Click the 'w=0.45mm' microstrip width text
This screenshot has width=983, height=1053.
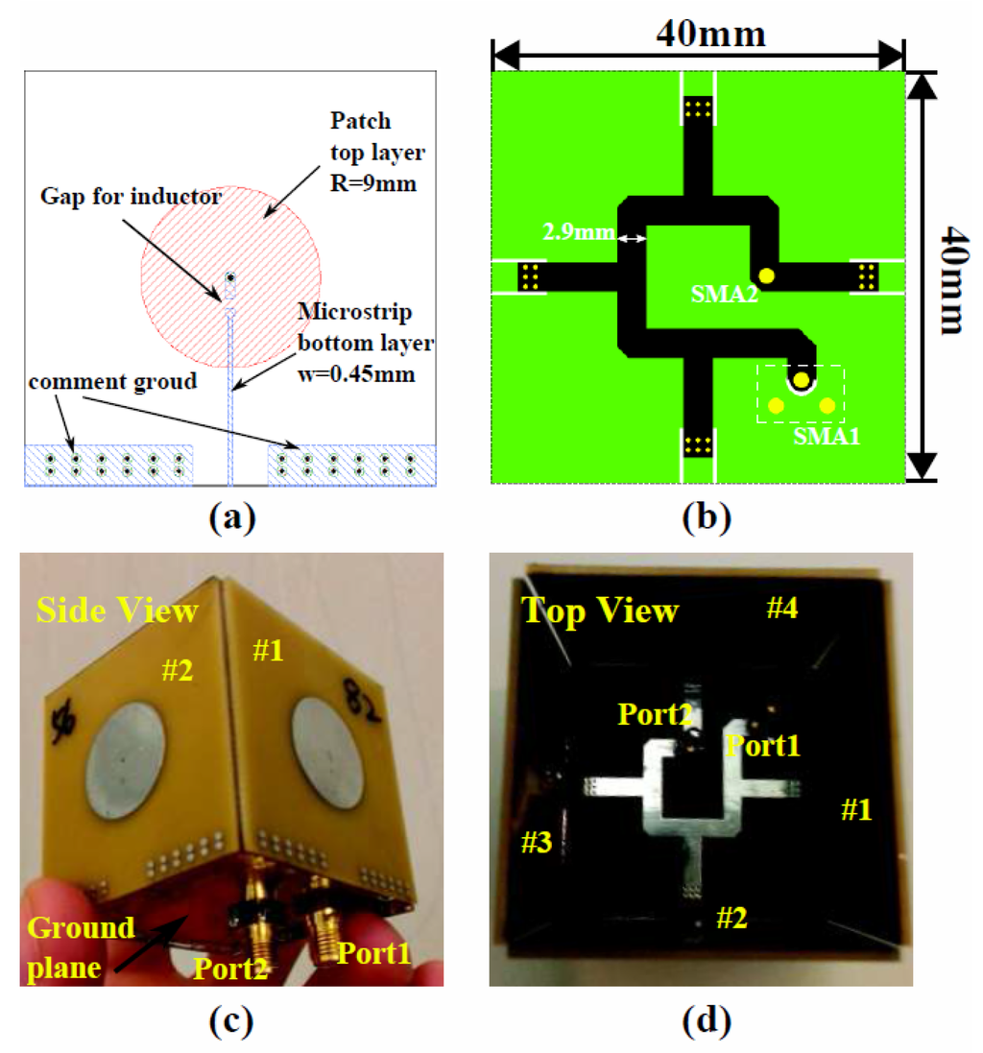pos(356,374)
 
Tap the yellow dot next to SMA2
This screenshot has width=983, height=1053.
pos(766,276)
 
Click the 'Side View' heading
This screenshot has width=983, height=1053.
pos(117,609)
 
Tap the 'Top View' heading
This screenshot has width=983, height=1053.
pos(600,610)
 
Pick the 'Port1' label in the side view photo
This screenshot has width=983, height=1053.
pos(372,953)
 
